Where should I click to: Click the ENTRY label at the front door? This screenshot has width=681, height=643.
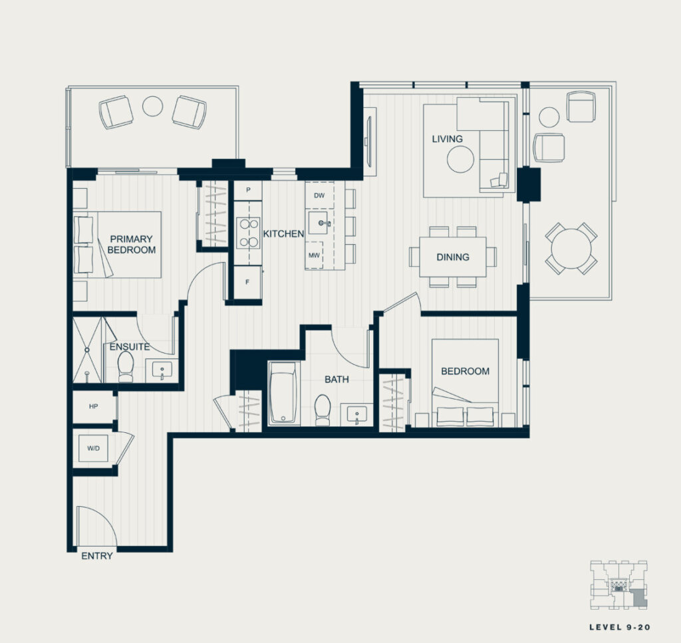click(x=97, y=556)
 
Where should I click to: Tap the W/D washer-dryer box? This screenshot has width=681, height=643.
click(x=93, y=448)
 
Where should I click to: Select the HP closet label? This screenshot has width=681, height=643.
click(x=93, y=406)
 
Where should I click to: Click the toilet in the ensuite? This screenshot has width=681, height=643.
click(x=126, y=366)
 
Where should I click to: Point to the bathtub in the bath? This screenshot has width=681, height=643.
click(x=283, y=392)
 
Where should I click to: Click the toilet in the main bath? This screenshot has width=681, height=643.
click(x=323, y=410)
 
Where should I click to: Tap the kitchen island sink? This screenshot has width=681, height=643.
click(x=319, y=223)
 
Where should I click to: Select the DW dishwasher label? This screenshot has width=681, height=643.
click(x=319, y=195)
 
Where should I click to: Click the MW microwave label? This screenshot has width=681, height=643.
click(x=314, y=255)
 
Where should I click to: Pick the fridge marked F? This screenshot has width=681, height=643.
click(x=248, y=283)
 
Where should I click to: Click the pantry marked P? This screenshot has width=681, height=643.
click(x=248, y=190)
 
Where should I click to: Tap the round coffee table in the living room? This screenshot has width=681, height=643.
click(x=460, y=160)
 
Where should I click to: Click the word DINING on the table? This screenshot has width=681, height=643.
click(x=453, y=257)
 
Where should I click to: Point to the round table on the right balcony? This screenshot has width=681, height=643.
click(x=571, y=249)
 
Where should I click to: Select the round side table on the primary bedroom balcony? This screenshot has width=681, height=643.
click(x=153, y=106)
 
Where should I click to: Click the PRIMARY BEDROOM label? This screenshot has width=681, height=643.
click(x=131, y=245)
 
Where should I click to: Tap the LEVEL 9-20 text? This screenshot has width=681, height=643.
click(x=620, y=627)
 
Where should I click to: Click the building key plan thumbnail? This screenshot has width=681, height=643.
click(x=618, y=585)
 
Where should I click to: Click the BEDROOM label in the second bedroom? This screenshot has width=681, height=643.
click(x=465, y=371)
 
